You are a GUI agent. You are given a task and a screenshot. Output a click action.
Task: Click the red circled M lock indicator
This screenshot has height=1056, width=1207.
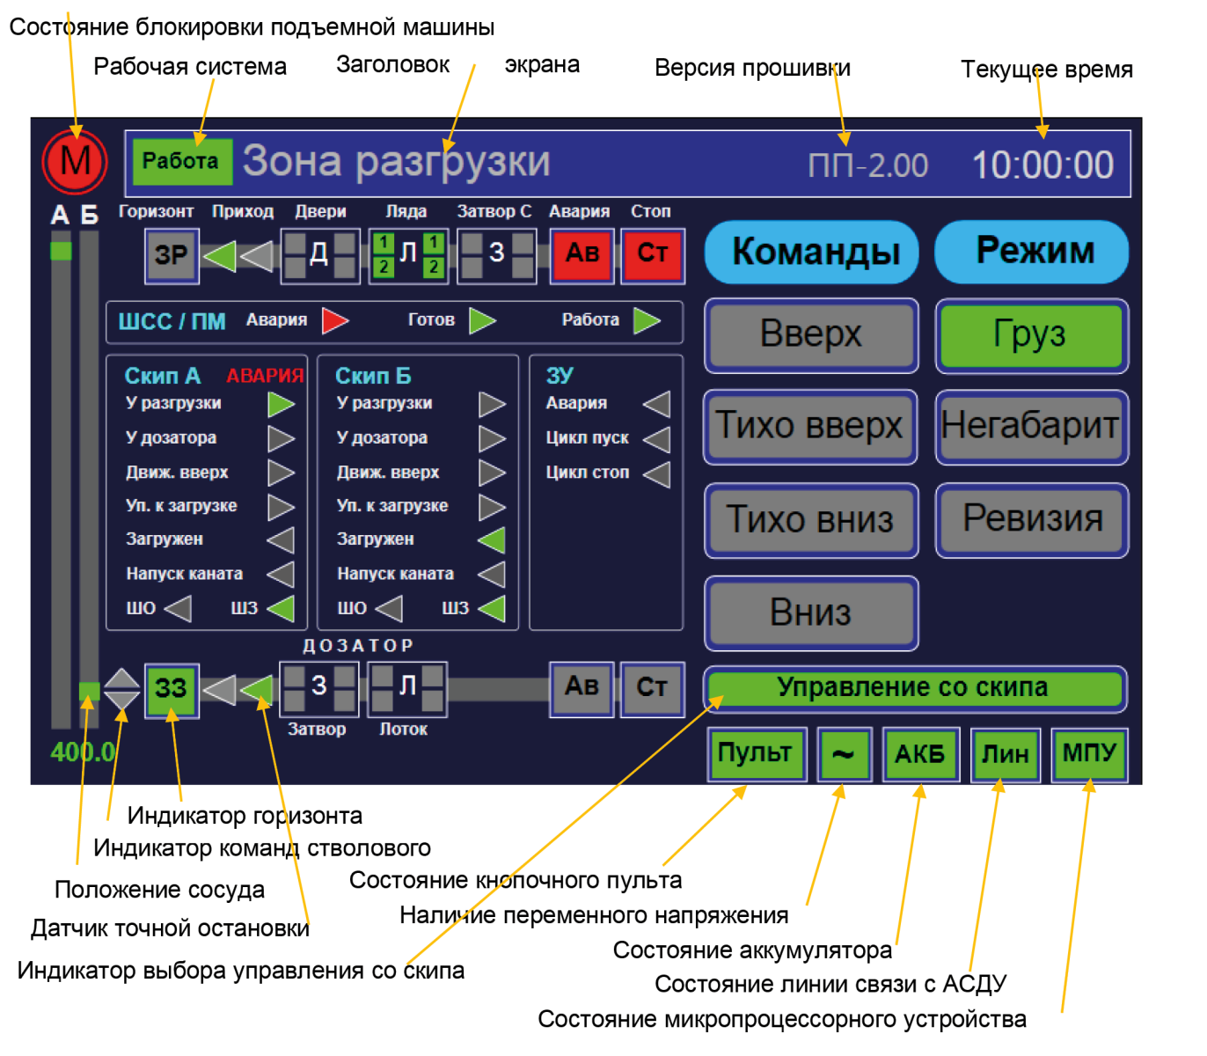[75, 162]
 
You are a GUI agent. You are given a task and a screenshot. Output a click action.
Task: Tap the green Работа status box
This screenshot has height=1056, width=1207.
[182, 162]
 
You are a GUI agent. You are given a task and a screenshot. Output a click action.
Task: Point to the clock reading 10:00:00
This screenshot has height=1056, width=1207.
[1042, 165]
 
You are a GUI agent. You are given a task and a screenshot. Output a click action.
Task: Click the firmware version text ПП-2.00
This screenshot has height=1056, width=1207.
[867, 165]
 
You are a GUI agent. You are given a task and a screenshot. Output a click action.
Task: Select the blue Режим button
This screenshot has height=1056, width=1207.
[1031, 252]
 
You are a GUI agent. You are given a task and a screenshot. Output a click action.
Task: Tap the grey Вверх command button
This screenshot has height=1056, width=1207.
[811, 335]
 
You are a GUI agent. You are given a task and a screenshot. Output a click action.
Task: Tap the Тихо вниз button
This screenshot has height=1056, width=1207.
[811, 520]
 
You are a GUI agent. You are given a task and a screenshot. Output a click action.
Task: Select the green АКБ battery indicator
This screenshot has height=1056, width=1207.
[920, 754]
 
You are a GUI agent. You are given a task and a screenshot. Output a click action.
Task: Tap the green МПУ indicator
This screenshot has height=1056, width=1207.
[1089, 754]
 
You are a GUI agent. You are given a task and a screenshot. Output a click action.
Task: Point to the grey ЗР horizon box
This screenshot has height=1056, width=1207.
[172, 256]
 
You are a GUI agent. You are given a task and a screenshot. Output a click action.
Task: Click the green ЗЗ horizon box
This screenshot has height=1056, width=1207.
[172, 689]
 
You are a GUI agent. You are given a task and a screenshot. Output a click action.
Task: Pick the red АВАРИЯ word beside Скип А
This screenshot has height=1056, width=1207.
[265, 377]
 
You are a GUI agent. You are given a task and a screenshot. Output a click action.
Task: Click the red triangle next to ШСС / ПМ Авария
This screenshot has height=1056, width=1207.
[335, 320]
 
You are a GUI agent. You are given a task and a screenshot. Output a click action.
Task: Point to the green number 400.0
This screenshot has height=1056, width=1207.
[83, 752]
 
